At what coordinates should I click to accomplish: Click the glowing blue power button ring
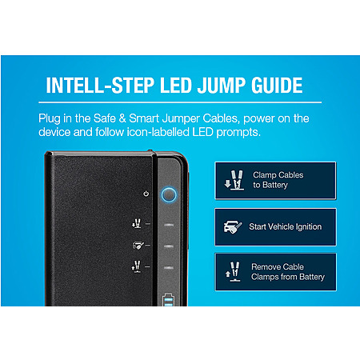coord(169,194)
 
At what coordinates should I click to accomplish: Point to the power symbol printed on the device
coord(146,194)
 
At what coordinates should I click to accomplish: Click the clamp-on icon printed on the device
coord(137,223)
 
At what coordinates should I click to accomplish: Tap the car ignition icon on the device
coord(138,245)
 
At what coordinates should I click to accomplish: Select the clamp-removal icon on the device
coord(137,266)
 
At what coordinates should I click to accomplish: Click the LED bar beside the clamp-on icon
coord(169,225)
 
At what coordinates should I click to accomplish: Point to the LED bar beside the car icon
coord(169,246)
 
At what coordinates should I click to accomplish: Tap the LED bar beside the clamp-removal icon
coord(169,267)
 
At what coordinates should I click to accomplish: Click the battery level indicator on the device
coord(168,300)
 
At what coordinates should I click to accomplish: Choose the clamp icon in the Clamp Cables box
coord(234,180)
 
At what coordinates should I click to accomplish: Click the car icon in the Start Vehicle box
coord(233,227)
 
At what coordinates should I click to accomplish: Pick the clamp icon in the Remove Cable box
coord(233,271)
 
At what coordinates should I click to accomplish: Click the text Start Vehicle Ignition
coord(286,226)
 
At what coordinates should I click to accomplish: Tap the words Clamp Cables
coord(278,175)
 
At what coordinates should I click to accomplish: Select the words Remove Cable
coord(278,266)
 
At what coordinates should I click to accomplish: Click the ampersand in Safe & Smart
coord(122,118)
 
